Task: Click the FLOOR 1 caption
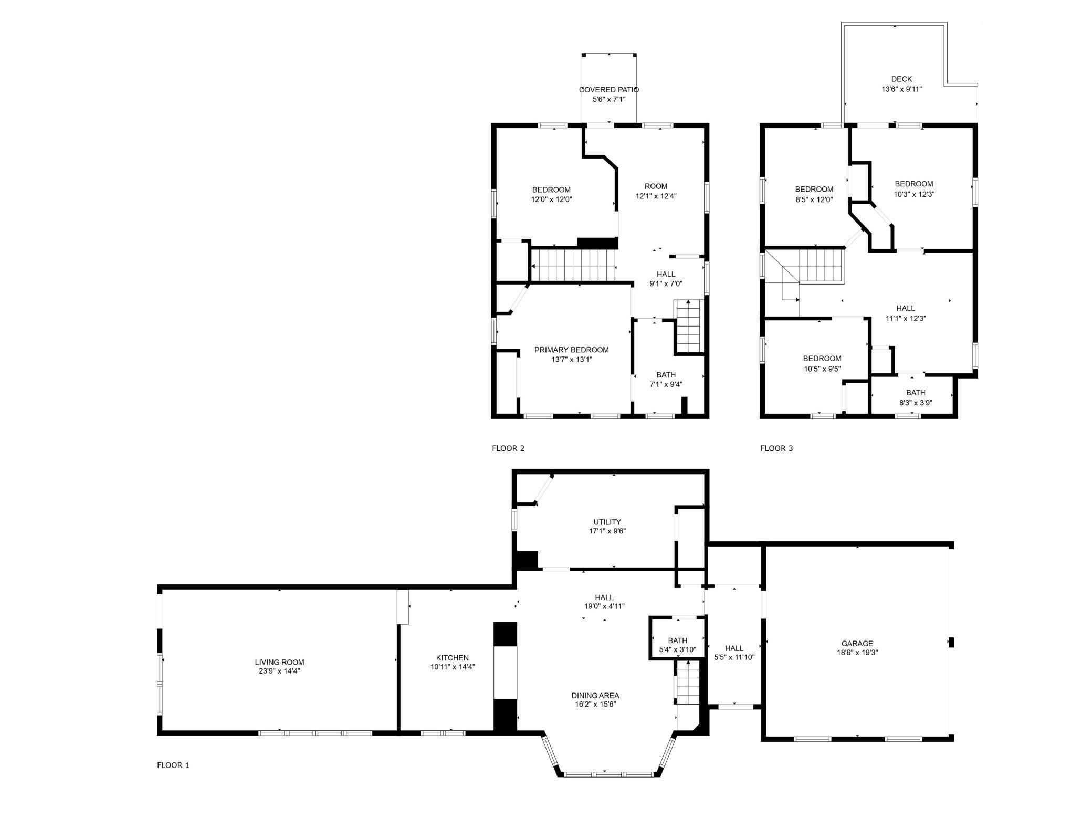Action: pos(173,765)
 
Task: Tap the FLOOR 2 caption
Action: pos(508,448)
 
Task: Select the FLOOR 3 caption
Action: pos(777,448)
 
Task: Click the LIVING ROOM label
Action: pos(280,663)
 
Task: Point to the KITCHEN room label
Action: pos(453,658)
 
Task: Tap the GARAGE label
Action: pos(857,644)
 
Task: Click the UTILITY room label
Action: pos(607,522)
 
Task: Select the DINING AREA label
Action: pos(595,696)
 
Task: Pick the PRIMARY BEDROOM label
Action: pos(572,350)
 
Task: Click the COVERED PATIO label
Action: pos(609,90)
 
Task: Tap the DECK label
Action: pos(902,79)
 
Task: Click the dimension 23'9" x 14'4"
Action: pos(280,671)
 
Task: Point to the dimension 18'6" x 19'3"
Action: pos(857,653)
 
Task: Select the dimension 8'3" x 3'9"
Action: pos(916,403)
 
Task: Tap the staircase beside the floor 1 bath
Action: pos(688,682)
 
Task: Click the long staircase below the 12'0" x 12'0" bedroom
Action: pos(573,265)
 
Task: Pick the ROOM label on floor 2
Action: pos(656,186)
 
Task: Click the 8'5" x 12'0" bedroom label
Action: pos(814,190)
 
